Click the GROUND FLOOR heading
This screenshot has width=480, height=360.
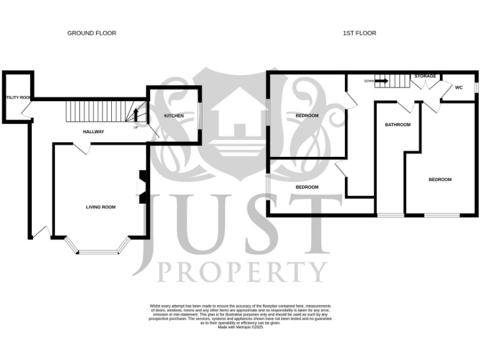(92, 33)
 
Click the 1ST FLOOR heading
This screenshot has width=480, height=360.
(360, 33)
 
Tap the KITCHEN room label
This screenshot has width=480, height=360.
(174, 116)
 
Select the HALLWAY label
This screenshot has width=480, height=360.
(94, 132)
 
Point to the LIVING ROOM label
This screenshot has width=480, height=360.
(101, 207)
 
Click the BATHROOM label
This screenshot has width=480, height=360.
(397, 125)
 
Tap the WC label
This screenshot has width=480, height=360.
(458, 87)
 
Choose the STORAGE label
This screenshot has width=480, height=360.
(425, 76)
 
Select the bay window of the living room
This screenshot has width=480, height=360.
(98, 251)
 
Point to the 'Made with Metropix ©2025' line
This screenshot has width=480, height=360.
(241, 327)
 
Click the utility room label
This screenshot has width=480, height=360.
(17, 97)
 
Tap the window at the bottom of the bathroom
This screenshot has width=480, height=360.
(391, 215)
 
